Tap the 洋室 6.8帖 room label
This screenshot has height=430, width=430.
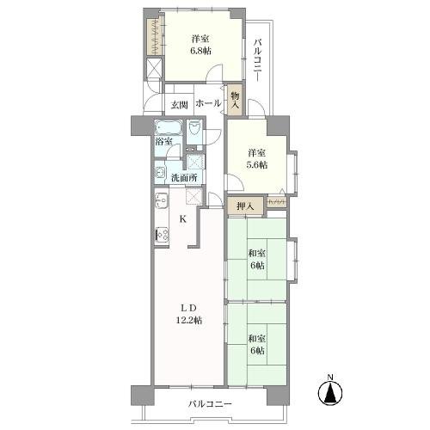pos(200,45)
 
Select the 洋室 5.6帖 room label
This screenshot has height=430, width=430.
pos(257,159)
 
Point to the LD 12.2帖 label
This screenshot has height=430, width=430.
pos(188,314)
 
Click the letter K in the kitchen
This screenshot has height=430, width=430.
pos(183,219)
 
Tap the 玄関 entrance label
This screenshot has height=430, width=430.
pos(179,105)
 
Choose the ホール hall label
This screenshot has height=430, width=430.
pos(208,103)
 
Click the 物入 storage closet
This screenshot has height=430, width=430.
pos(235,101)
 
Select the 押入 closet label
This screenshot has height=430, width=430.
pos(245,206)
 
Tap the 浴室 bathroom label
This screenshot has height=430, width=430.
pos(163,141)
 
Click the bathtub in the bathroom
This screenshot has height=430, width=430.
pos(169,127)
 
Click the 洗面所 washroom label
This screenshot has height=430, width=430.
pos(184,178)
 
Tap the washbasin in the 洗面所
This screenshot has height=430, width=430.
pos(160,173)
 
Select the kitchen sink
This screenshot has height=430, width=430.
pos(161,200)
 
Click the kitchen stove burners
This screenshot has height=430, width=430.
pos(162,235)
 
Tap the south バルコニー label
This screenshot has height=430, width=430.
pos(210,404)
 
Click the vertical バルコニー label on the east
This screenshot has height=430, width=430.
pos(258,61)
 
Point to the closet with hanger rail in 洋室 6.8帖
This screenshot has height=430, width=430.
pos(155,36)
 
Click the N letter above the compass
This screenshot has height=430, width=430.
pos(330,378)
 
